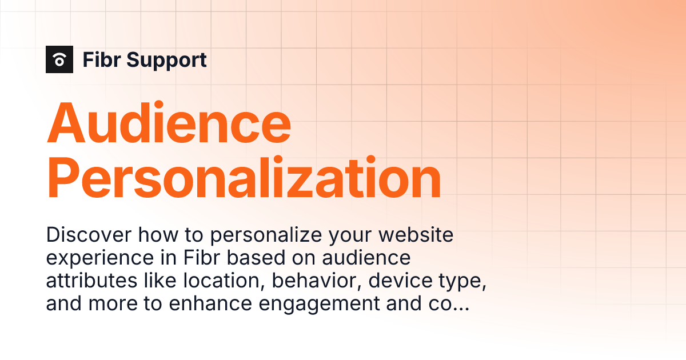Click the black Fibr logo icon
(59, 59)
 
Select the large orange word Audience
(169, 122)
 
